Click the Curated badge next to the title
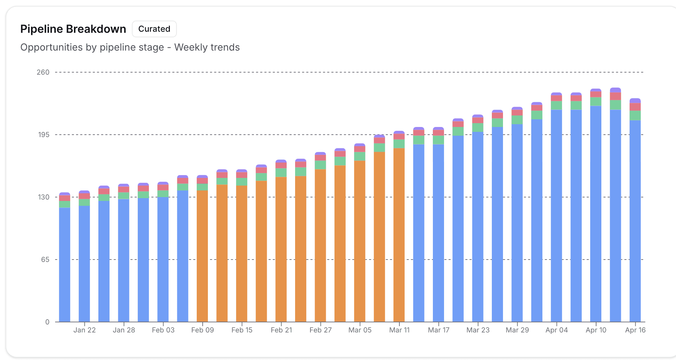coord(154,29)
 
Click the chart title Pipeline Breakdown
coord(73,29)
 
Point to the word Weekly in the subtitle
coord(191,47)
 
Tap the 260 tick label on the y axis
coord(43,72)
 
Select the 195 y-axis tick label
coord(44,135)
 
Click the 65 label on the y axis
coord(45,260)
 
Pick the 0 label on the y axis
coord(47,322)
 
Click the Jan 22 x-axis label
coord(84,330)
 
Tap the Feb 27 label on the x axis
coord(321,330)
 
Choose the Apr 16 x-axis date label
coord(635,330)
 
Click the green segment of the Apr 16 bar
coord(635,115)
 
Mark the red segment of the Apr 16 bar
coord(635,107)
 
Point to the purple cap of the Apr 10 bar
coord(596,90)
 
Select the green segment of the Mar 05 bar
coord(360,156)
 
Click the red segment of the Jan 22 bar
coord(84,196)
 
